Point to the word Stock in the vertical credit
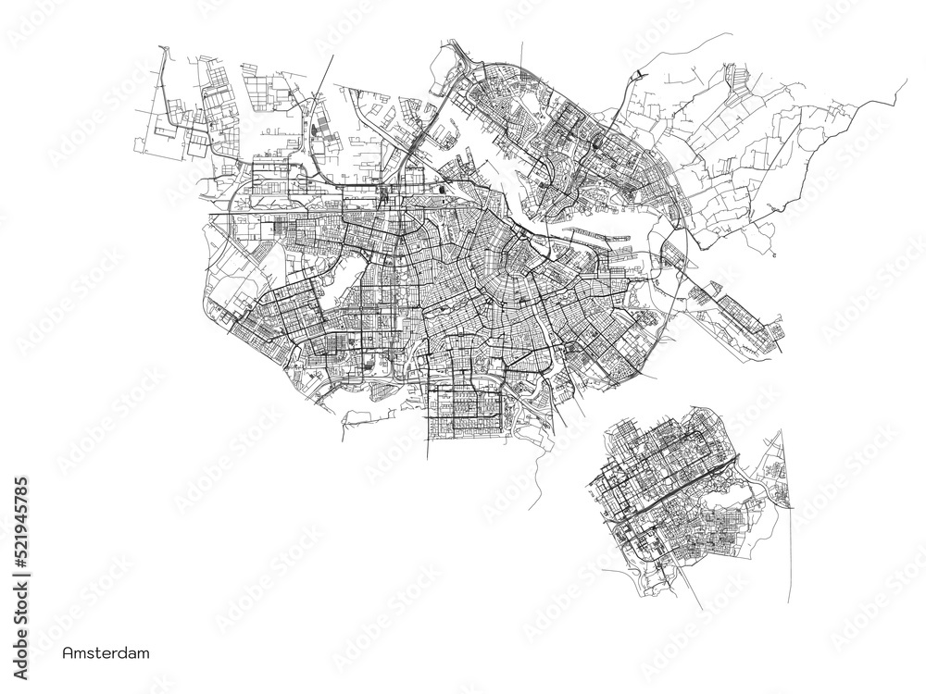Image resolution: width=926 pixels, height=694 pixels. [x=21, y=594]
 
